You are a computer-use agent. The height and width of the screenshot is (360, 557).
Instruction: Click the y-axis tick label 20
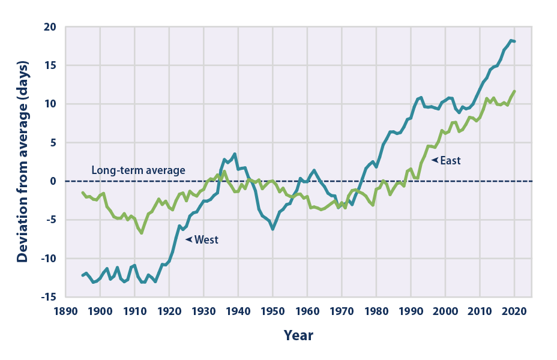49,27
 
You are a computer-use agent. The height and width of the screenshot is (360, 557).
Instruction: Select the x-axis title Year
298,335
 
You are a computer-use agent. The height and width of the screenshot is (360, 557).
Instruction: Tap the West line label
206,239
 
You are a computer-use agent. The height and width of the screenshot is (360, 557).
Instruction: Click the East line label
450,161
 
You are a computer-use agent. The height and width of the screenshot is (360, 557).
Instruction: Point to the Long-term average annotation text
138,170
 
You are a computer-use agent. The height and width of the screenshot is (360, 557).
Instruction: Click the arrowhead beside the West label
188,239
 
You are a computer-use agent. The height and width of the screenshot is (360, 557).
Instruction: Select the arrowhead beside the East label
434,161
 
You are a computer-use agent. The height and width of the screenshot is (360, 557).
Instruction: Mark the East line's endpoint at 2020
515,91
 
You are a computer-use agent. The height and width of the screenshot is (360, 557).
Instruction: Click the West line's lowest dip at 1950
272,229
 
